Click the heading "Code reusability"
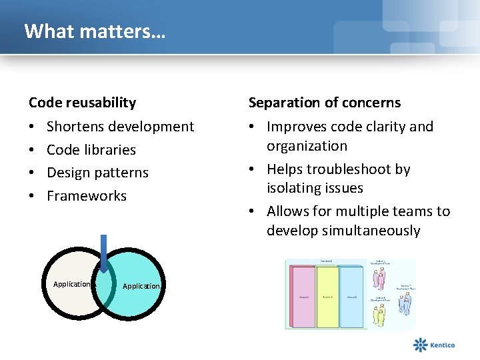click(x=82, y=103)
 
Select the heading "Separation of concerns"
click(x=325, y=103)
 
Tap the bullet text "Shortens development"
click(x=120, y=127)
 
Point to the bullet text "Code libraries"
click(x=91, y=150)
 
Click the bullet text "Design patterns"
click(x=97, y=173)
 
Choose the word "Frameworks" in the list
click(x=86, y=196)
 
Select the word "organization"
click(x=307, y=146)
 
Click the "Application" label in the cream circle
click(x=71, y=284)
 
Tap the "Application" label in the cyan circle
click(x=141, y=286)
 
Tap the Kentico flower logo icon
click(x=420, y=345)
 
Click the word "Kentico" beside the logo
click(x=442, y=345)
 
